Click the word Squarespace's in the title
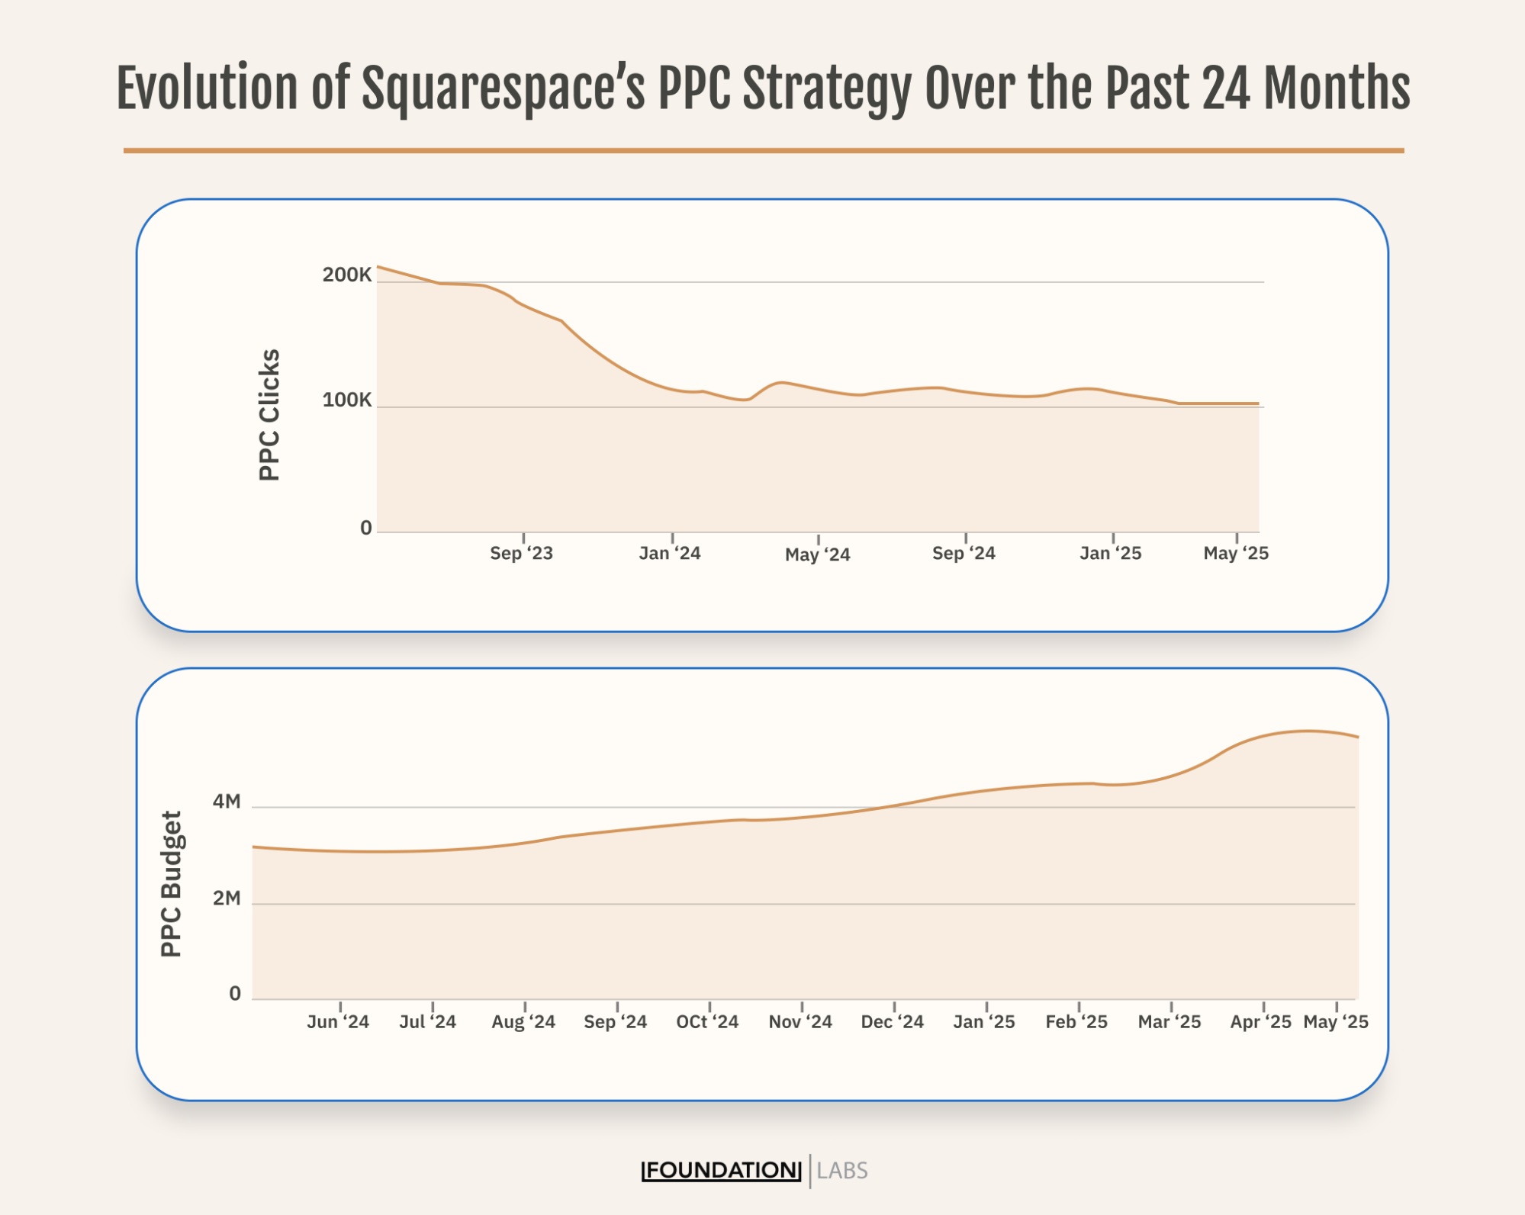click(x=503, y=89)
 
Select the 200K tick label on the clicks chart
click(x=346, y=275)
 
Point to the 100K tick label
click(x=346, y=400)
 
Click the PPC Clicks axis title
click(x=269, y=416)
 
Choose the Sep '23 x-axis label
click(x=521, y=554)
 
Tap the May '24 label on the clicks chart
click(x=817, y=555)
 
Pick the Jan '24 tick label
click(x=669, y=554)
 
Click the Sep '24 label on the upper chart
click(x=964, y=554)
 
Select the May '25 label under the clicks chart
click(x=1235, y=554)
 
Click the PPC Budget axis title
click(x=172, y=884)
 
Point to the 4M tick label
click(x=227, y=802)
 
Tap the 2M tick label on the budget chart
click(x=227, y=898)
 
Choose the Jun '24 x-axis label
click(x=337, y=1022)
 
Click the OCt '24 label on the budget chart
click(x=707, y=1022)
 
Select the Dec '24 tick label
click(x=892, y=1022)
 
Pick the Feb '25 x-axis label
click(x=1076, y=1022)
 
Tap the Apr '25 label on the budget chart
click(x=1260, y=1022)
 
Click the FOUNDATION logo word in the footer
click(x=721, y=1171)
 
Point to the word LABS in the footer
click(x=842, y=1171)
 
